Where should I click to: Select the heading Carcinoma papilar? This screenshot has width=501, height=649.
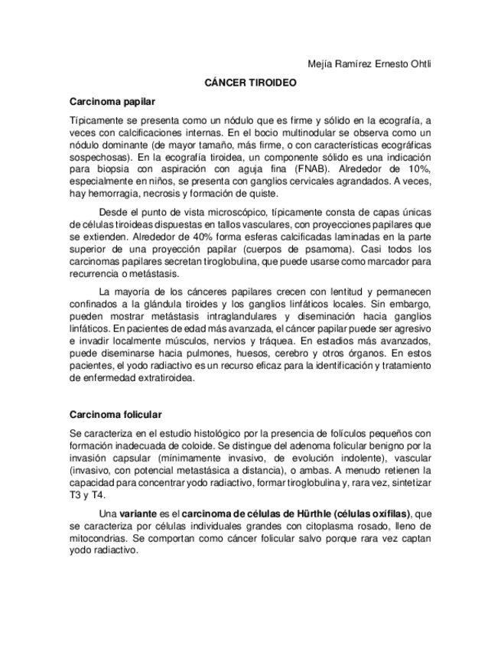click(112, 101)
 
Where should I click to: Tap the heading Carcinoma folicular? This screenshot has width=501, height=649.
click(115, 414)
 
